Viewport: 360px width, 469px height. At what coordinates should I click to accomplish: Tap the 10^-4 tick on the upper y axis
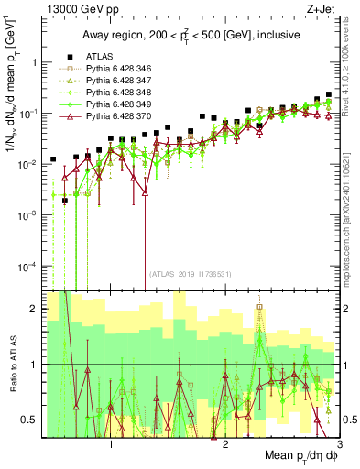[x=27, y=266]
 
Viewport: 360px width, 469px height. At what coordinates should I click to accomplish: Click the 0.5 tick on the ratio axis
[x=30, y=420]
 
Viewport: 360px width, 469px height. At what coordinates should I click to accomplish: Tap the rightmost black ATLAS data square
[x=329, y=94]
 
